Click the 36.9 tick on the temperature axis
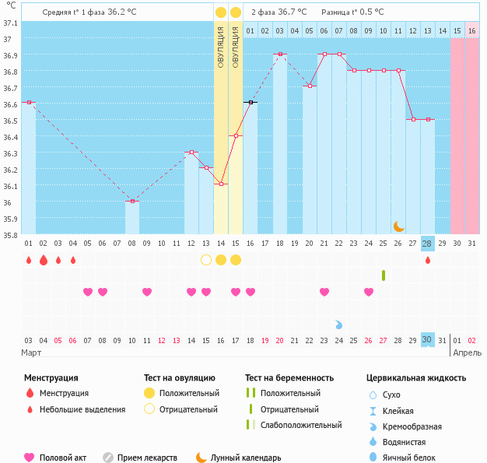(x=10, y=55)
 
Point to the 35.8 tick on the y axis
(x=10, y=235)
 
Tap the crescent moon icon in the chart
(x=398, y=226)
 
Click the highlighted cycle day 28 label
(x=427, y=244)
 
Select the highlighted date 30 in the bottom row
(x=427, y=339)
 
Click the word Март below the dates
(x=31, y=353)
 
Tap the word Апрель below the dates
(x=467, y=353)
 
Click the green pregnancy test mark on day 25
(x=384, y=275)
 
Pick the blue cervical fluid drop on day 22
(x=339, y=324)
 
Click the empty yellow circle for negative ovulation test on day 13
(x=206, y=259)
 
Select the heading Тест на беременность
(x=289, y=378)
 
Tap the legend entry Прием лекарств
(x=147, y=458)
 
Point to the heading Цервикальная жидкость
(x=416, y=378)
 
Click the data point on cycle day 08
(x=132, y=201)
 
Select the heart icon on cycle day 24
(x=369, y=292)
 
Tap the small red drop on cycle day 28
(x=427, y=260)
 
